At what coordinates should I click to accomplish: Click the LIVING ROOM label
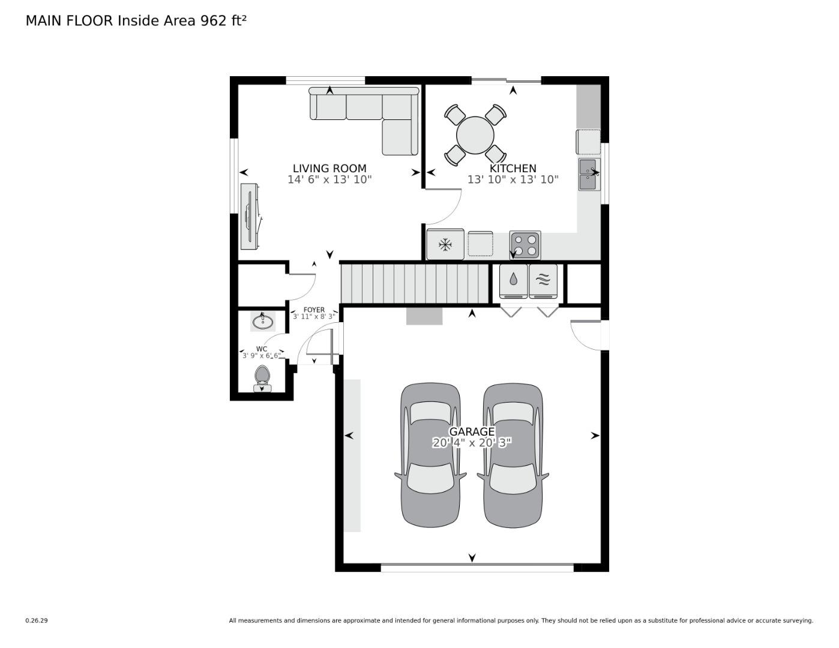[x=329, y=169]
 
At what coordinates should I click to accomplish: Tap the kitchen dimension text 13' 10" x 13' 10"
[x=513, y=179]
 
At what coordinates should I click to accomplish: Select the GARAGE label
[x=472, y=431]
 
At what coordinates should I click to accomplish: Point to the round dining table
[x=475, y=135]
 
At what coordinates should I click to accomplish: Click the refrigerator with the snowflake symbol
[x=445, y=244]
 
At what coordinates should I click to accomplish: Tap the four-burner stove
[x=525, y=245]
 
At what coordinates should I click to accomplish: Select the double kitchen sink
[x=589, y=174]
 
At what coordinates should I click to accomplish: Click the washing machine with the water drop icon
[x=514, y=281]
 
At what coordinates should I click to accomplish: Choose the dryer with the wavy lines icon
[x=543, y=281]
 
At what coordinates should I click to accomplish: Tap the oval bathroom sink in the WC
[x=263, y=322]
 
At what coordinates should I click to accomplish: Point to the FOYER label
[x=314, y=310]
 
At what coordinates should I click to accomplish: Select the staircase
[x=416, y=284]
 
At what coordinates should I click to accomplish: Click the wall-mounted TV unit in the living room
[x=250, y=216]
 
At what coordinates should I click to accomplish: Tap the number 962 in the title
[x=213, y=20]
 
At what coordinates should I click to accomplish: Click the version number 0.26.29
[x=36, y=620]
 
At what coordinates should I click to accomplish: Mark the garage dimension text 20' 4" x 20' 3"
[x=472, y=443]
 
